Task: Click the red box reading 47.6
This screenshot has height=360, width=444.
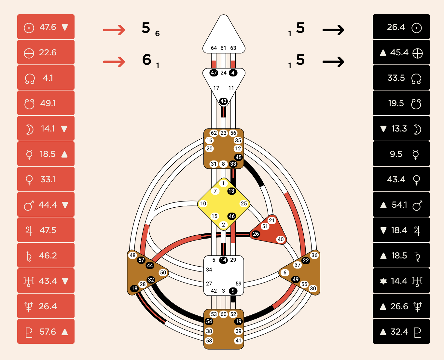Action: coord(46,27)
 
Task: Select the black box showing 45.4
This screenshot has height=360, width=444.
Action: coord(401,53)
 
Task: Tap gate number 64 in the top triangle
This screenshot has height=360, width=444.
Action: coord(214,48)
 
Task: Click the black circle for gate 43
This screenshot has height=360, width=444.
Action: coord(223,101)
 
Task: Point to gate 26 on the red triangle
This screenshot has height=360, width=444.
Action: coord(256,234)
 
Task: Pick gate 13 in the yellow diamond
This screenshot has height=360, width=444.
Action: coord(231,191)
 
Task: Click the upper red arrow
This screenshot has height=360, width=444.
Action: coord(114,30)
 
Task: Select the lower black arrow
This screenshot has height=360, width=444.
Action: coord(333,62)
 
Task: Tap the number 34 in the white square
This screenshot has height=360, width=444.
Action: coord(209,270)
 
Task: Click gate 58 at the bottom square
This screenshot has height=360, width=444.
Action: coord(209,340)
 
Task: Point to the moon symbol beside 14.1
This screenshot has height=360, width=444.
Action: coord(30,129)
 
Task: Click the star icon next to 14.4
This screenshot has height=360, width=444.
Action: coord(383,281)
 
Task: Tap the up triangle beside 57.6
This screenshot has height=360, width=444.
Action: coord(65,332)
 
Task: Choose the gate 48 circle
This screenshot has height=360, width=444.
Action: coord(132,255)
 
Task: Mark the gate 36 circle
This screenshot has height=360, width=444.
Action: coord(314,255)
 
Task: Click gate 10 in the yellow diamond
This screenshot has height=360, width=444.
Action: coord(203,204)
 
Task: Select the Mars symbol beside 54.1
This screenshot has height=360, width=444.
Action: coord(417,205)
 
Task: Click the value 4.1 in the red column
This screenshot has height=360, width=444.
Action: coord(48,78)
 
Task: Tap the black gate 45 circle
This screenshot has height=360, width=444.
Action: coord(238,157)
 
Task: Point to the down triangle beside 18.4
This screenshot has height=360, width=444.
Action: coord(383,230)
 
